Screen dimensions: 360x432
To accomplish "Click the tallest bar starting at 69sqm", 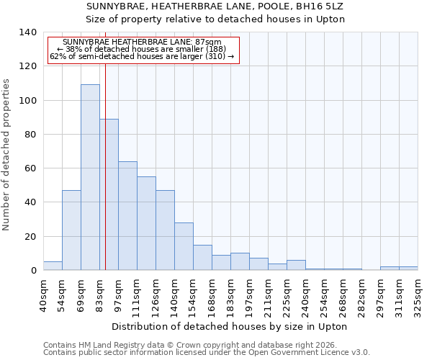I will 90,177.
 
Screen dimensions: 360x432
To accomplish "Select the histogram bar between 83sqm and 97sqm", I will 109,194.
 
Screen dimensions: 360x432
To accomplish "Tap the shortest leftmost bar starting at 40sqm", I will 53,266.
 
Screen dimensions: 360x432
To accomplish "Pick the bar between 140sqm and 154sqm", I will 184,246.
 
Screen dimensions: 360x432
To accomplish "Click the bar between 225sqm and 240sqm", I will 296,265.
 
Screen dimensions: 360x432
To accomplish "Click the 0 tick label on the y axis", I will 33,271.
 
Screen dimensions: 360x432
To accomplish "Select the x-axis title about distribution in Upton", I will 230,327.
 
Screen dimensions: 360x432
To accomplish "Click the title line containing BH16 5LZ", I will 215,6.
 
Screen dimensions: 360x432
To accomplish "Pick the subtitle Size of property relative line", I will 215,19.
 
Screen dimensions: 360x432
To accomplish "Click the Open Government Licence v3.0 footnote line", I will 207,353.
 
